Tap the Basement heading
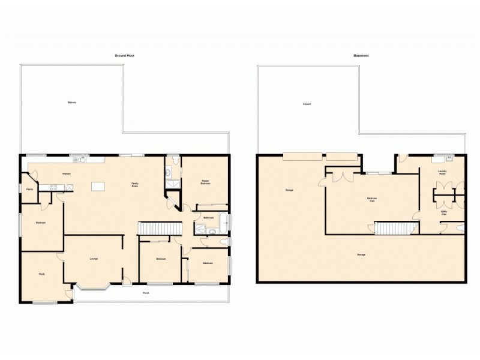361,55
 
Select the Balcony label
72,103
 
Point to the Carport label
307,104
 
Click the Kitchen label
68,174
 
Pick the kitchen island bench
98,187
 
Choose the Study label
42,274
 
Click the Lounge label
94,259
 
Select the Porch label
146,293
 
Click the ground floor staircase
160,229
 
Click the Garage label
289,190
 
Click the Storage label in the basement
361,255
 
